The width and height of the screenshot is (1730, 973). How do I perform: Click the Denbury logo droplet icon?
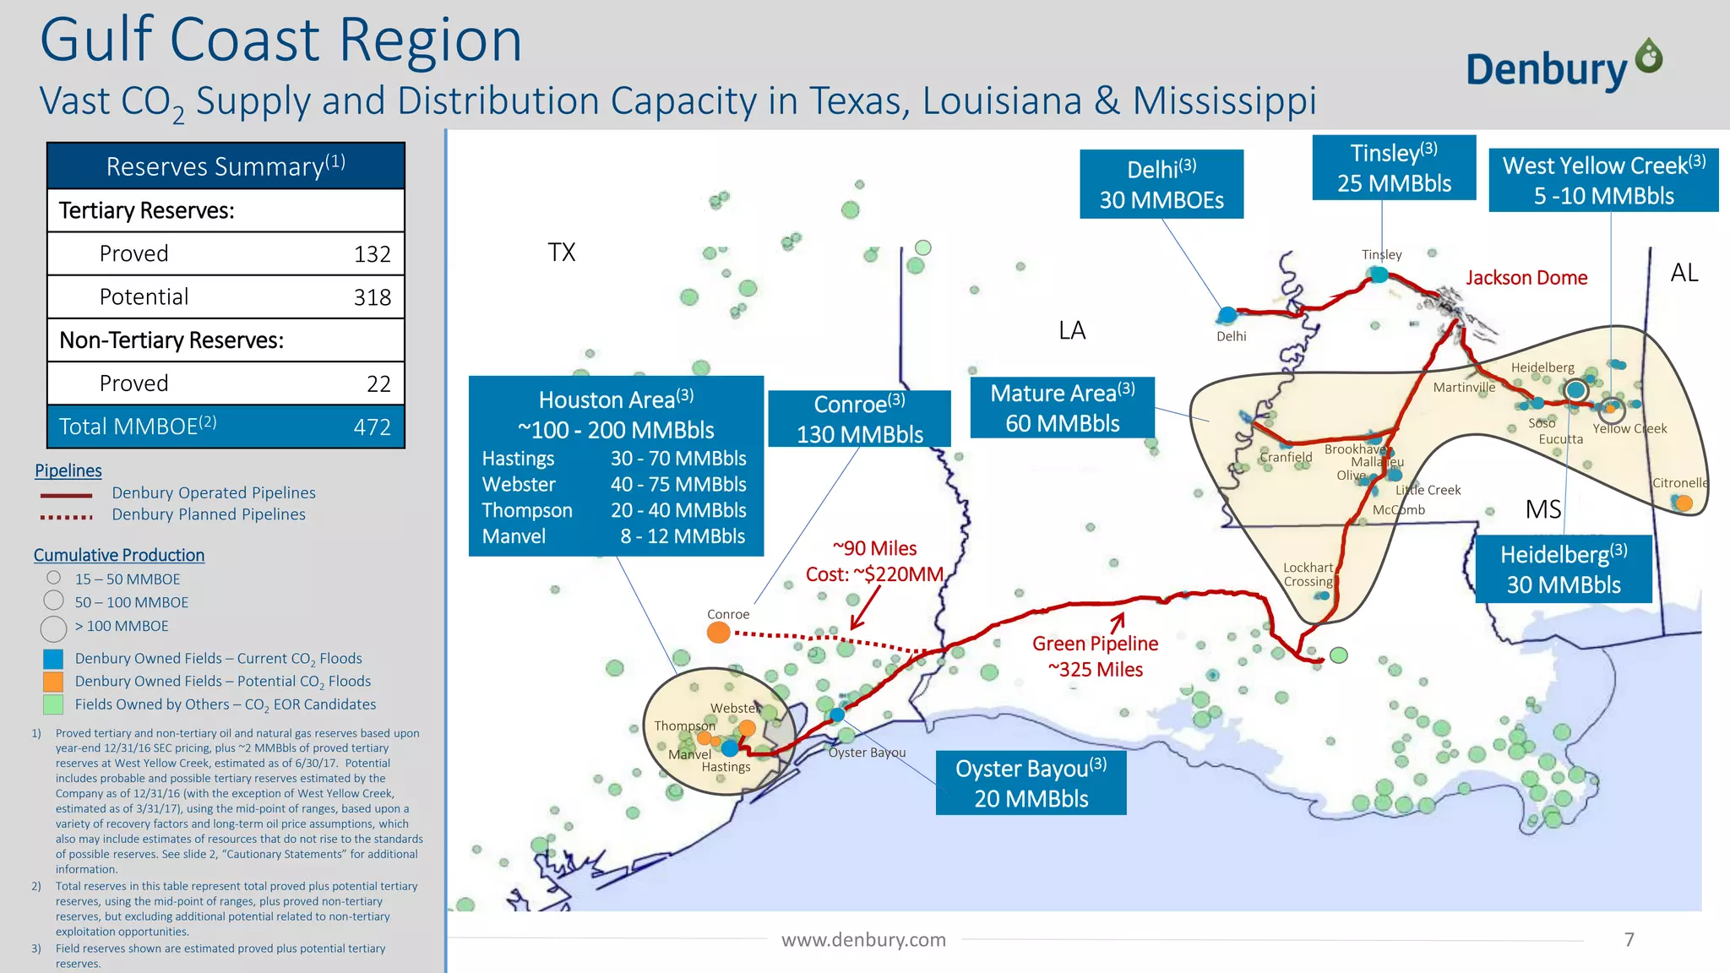coord(1648,57)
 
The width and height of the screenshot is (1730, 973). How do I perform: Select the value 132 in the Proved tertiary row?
coord(372,254)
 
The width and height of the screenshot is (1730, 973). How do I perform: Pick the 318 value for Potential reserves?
coord(372,297)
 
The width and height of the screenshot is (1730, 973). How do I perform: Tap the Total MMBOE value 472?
coord(372,427)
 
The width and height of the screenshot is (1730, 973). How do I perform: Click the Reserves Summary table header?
coord(226,166)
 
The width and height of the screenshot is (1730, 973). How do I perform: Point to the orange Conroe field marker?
coord(718,632)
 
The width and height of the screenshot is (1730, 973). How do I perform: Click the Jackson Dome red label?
coord(1526,278)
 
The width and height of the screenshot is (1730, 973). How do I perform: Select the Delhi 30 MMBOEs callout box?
coord(1161,184)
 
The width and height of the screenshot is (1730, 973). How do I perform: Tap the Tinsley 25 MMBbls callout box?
coord(1393,167)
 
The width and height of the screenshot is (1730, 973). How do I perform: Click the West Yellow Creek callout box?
coord(1602,180)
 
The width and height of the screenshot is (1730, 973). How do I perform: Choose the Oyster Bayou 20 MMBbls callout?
coord(1031,783)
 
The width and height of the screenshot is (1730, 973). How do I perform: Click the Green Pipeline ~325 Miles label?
coord(1095,656)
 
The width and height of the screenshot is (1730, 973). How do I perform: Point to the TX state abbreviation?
coord(561,252)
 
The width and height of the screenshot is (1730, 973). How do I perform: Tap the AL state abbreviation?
coord(1684,273)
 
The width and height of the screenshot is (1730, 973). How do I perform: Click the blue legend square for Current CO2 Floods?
coord(52,659)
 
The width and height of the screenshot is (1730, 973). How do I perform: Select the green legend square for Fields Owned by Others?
coord(52,704)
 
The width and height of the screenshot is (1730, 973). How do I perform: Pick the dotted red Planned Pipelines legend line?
coord(66,516)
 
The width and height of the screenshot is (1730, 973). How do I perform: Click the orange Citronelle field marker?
coord(1684,503)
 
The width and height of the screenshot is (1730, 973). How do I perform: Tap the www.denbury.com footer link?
coord(862,939)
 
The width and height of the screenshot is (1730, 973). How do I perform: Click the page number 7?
coord(1629,939)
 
